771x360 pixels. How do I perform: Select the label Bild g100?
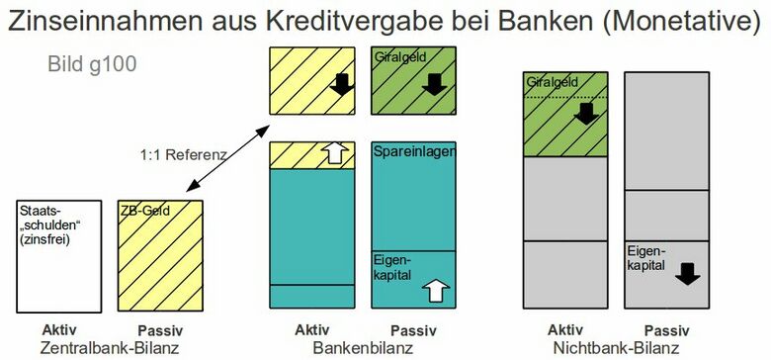coord(91,65)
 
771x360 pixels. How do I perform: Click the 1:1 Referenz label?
coord(184,154)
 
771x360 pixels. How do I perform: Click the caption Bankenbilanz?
coord(361,349)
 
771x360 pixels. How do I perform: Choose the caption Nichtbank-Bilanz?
coord(616,349)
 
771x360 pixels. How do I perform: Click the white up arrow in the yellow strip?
coord(336,152)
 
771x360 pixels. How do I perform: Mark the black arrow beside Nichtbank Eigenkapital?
coord(688,272)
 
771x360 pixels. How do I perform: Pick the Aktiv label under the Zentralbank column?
coord(60,329)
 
